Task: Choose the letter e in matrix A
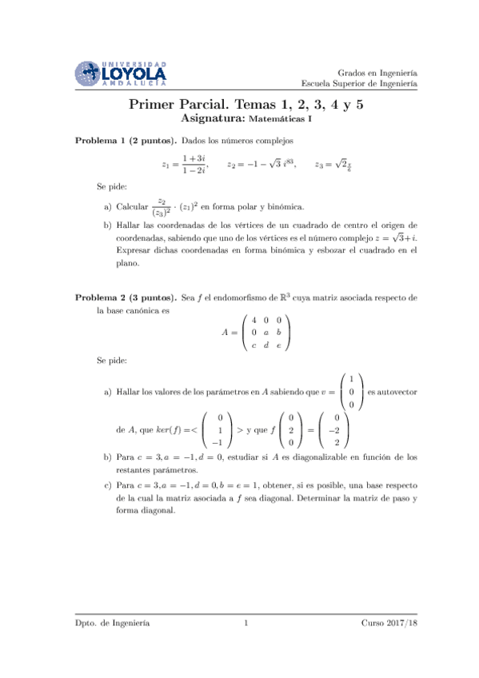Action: [x=277, y=345]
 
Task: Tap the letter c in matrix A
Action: [x=253, y=345]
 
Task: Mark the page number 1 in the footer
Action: [x=246, y=621]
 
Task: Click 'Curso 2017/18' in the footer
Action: [x=389, y=621]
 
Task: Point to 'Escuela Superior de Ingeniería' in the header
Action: [x=360, y=83]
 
